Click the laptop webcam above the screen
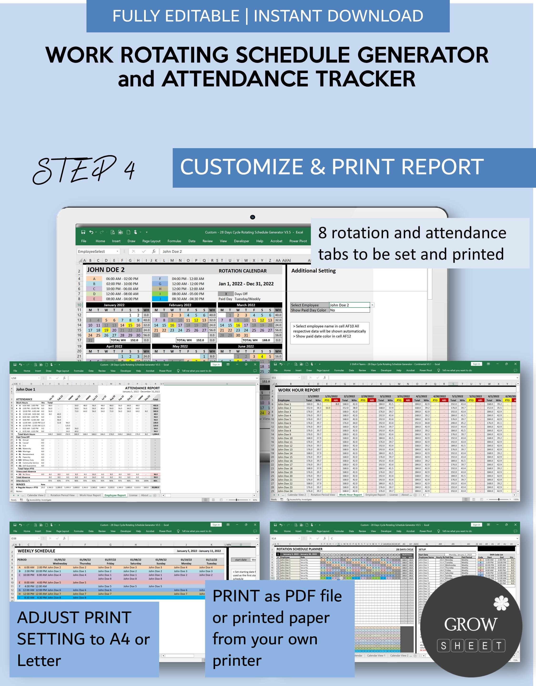253,217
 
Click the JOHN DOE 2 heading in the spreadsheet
106,270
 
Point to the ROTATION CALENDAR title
243,271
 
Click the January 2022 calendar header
114,305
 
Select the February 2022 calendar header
180,305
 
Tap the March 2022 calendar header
246,305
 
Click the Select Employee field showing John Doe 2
349,305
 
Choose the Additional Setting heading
313,271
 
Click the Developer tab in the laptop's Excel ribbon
241,241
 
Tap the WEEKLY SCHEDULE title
36,551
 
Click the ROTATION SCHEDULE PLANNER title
299,549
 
